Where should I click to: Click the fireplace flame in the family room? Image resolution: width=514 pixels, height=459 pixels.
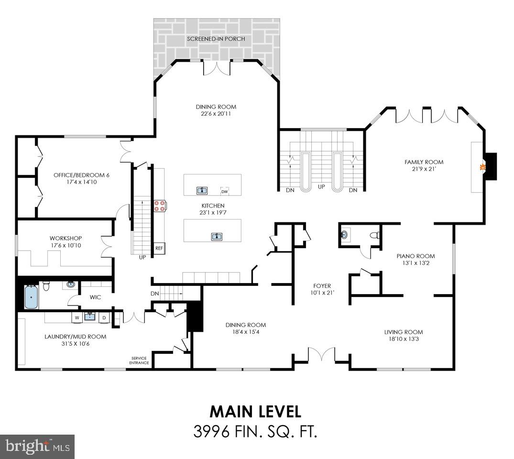point(483,167)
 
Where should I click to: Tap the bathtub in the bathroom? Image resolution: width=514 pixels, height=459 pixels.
point(31,297)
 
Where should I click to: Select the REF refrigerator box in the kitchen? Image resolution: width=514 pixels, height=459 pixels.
point(159,249)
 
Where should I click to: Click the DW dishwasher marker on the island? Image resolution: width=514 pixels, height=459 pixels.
point(225,191)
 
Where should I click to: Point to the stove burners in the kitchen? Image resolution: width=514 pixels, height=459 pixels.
point(160,206)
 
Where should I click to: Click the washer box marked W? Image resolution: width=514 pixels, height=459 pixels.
point(77,317)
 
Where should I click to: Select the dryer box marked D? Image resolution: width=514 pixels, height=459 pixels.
point(104,317)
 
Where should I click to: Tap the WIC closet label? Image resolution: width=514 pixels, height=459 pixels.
point(95,297)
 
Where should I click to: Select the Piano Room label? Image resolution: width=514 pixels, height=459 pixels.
point(416,256)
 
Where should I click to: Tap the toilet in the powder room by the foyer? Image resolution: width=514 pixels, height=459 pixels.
point(375,235)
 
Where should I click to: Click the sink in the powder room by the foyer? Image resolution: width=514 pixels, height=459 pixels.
point(345,235)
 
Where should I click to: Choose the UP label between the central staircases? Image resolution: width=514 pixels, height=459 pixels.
point(321,186)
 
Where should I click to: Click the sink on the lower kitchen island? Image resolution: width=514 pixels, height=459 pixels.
point(217,236)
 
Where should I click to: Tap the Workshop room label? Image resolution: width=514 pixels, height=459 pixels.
point(66,238)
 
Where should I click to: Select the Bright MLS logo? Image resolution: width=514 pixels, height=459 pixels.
point(36,447)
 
